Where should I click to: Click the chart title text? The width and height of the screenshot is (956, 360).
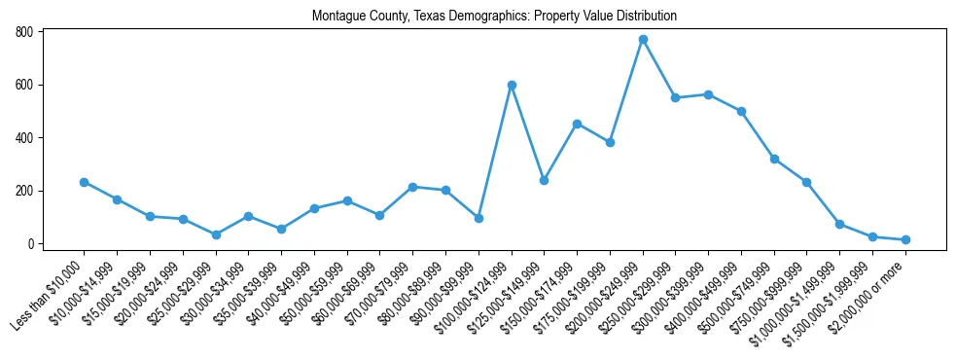[494, 17]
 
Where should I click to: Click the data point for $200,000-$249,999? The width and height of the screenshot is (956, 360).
[643, 39]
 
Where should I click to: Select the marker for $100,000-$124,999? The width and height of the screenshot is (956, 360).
[512, 85]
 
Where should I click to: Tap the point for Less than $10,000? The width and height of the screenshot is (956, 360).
[85, 182]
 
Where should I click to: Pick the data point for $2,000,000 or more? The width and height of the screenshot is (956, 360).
[905, 239]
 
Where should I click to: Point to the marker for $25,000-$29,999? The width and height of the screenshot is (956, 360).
[216, 234]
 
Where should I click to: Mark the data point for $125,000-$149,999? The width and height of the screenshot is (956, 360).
[545, 180]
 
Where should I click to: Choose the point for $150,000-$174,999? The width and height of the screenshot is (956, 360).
[577, 124]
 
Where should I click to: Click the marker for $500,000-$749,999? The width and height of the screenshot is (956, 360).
[774, 159]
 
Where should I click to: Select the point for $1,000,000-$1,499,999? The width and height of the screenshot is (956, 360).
[840, 224]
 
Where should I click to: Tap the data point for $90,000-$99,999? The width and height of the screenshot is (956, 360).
[478, 218]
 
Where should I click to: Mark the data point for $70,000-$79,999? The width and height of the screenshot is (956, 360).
[413, 187]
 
